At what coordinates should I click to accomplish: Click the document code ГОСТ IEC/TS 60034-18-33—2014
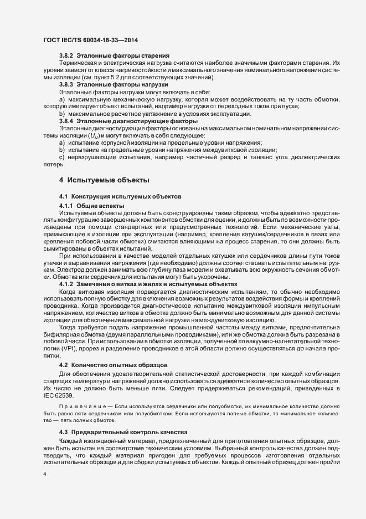90,40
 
